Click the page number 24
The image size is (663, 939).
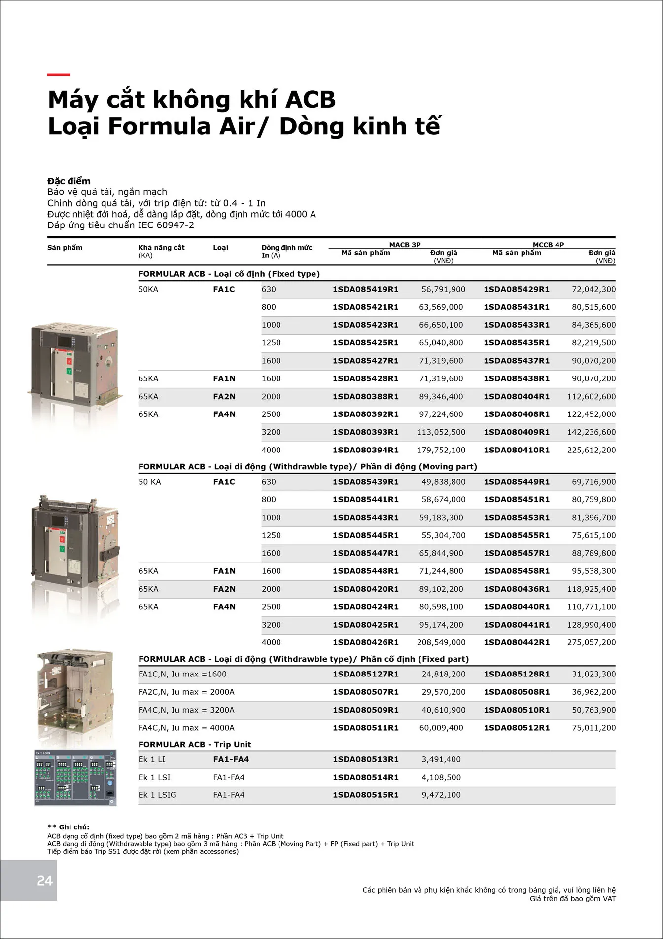[45, 881]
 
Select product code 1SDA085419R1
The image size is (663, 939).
[365, 289]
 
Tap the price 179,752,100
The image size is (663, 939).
[441, 450]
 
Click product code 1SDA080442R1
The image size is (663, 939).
[517, 642]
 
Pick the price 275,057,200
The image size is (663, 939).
[592, 642]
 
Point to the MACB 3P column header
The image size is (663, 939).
[405, 245]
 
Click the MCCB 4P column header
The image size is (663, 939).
[548, 245]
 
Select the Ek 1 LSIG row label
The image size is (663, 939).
[157, 795]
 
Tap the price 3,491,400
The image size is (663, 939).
[441, 759]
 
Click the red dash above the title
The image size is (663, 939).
[59, 75]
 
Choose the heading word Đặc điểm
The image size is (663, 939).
[69, 181]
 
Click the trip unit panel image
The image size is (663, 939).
[75, 778]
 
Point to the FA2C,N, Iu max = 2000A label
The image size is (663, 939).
[186, 692]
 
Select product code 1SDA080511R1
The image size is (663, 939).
[365, 728]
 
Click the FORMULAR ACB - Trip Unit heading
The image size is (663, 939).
[195, 744]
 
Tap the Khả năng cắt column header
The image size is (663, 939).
[161, 248]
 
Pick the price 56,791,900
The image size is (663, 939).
[443, 289]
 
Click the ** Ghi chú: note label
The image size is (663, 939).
[68, 827]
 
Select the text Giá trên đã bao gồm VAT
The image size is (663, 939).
[573, 899]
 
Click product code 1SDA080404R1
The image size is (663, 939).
[517, 396]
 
